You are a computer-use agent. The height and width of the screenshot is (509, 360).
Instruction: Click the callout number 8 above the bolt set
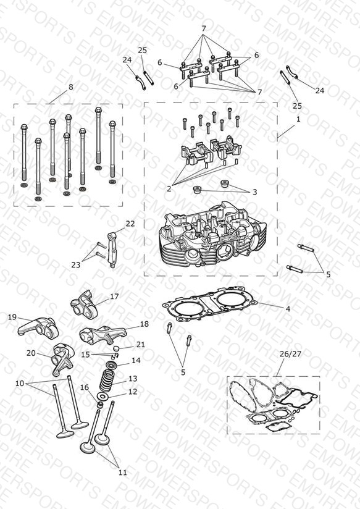coord(71,87)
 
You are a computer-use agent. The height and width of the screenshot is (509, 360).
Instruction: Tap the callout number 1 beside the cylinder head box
coord(298,119)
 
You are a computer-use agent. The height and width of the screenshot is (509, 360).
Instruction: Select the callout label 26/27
coord(291,354)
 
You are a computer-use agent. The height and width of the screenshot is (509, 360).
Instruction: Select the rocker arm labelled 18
coord(103,334)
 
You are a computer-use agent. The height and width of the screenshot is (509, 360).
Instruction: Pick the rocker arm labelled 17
coord(85,303)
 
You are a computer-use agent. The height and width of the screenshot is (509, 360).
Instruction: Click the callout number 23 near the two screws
coord(75,265)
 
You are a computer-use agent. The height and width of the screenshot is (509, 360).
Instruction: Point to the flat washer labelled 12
coord(103,397)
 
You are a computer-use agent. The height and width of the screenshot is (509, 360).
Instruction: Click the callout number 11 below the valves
coord(123,473)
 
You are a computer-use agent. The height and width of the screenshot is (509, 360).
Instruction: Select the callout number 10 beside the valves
coord(20,384)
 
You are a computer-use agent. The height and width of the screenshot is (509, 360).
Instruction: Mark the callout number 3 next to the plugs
coord(255,192)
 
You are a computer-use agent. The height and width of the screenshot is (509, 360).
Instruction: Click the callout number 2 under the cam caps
coord(169,188)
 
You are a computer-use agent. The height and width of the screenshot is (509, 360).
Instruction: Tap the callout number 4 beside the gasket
coord(288,309)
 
